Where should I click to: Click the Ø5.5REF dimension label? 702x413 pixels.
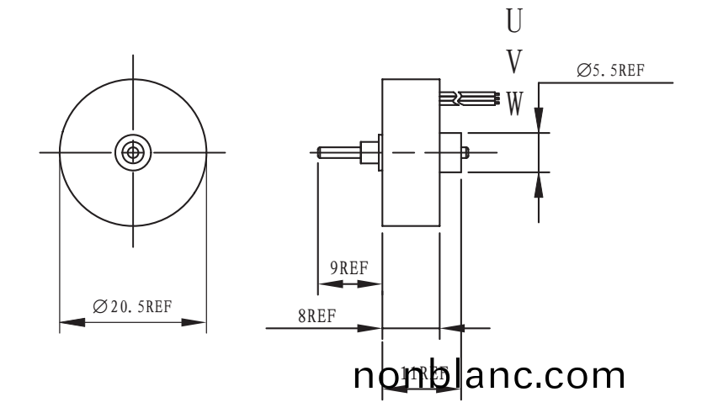[x=610, y=71]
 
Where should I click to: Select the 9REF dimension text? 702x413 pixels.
[x=348, y=268]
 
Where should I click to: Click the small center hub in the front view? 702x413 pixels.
[x=132, y=152]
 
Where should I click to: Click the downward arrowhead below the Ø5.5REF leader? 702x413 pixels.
[x=540, y=120]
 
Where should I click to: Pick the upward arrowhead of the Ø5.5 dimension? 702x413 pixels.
[x=540, y=184]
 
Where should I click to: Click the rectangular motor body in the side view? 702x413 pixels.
[x=410, y=152]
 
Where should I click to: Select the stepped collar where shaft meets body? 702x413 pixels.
[x=369, y=152]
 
